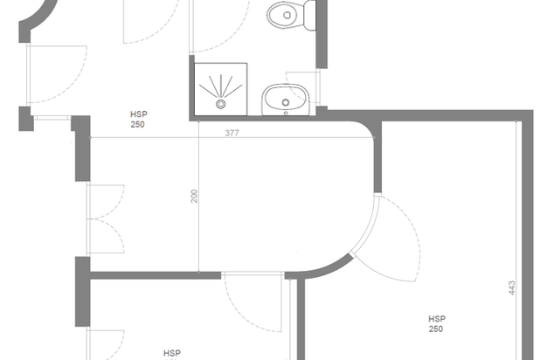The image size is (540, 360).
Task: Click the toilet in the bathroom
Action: tap(291, 16)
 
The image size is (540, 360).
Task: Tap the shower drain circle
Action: tap(221, 104)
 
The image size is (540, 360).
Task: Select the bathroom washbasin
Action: tap(286, 100)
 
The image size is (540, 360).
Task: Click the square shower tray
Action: tap(221, 89)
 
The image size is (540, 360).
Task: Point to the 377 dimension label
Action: tap(232, 133)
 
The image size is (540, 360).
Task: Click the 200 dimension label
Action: tap(195, 196)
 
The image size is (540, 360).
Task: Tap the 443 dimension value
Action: tap(512, 288)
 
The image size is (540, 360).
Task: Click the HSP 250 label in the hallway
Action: tap(138, 119)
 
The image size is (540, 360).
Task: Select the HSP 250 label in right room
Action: tap(437, 324)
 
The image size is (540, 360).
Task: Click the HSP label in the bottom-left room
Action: tap(172, 353)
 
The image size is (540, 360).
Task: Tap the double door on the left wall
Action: tap(106, 219)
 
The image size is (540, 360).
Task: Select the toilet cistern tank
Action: tap(310, 16)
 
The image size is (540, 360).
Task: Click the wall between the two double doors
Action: tap(83, 292)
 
